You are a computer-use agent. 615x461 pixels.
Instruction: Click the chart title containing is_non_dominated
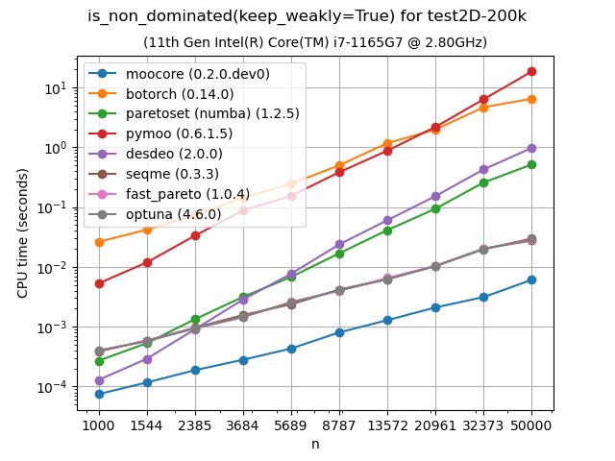(x=307, y=16)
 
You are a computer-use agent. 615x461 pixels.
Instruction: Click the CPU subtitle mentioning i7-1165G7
(x=315, y=42)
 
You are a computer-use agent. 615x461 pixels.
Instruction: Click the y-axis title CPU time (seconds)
(x=22, y=230)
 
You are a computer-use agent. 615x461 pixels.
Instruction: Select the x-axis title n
(x=314, y=444)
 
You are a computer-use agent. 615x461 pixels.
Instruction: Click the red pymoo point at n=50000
(x=531, y=72)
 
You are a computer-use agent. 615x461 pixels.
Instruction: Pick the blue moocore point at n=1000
(x=99, y=394)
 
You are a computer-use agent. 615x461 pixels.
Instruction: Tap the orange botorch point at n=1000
(x=99, y=242)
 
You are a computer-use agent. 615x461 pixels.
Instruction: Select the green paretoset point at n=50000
(x=531, y=164)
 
